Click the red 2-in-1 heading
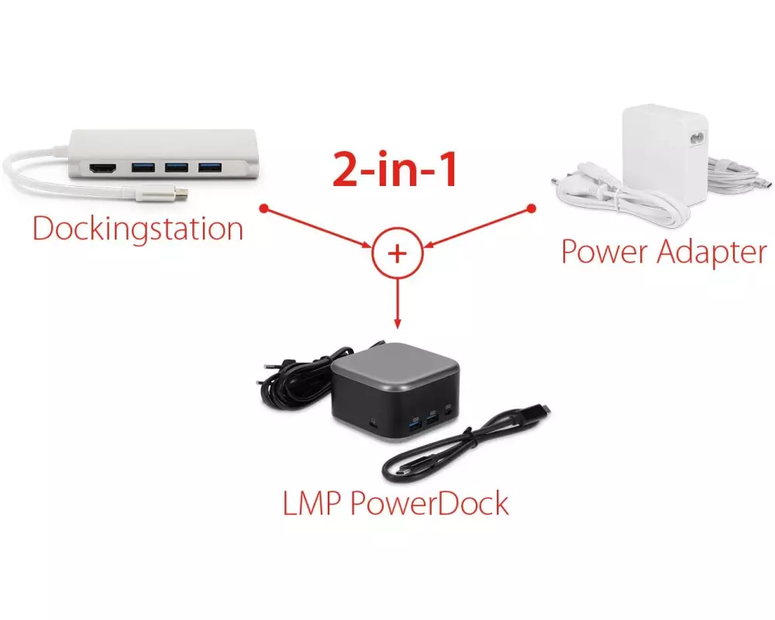394,170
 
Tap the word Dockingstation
137,229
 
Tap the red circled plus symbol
397,254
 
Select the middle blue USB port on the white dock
176,167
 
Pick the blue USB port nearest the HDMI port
143,167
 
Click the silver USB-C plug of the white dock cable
177,194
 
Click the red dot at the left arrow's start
263,208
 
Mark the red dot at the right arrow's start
532,208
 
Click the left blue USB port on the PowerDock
415,422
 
